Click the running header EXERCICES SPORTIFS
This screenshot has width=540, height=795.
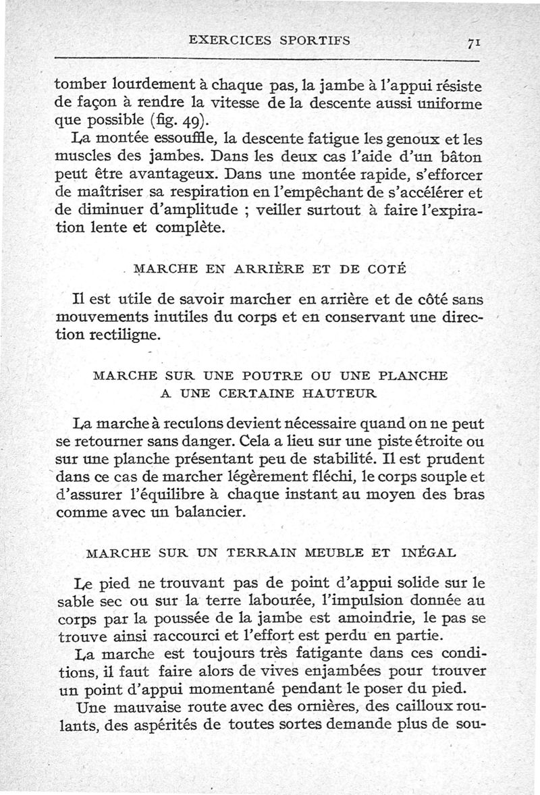pyautogui.click(x=270, y=40)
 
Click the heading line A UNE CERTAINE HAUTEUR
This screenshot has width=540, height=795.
pyautogui.click(x=269, y=392)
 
